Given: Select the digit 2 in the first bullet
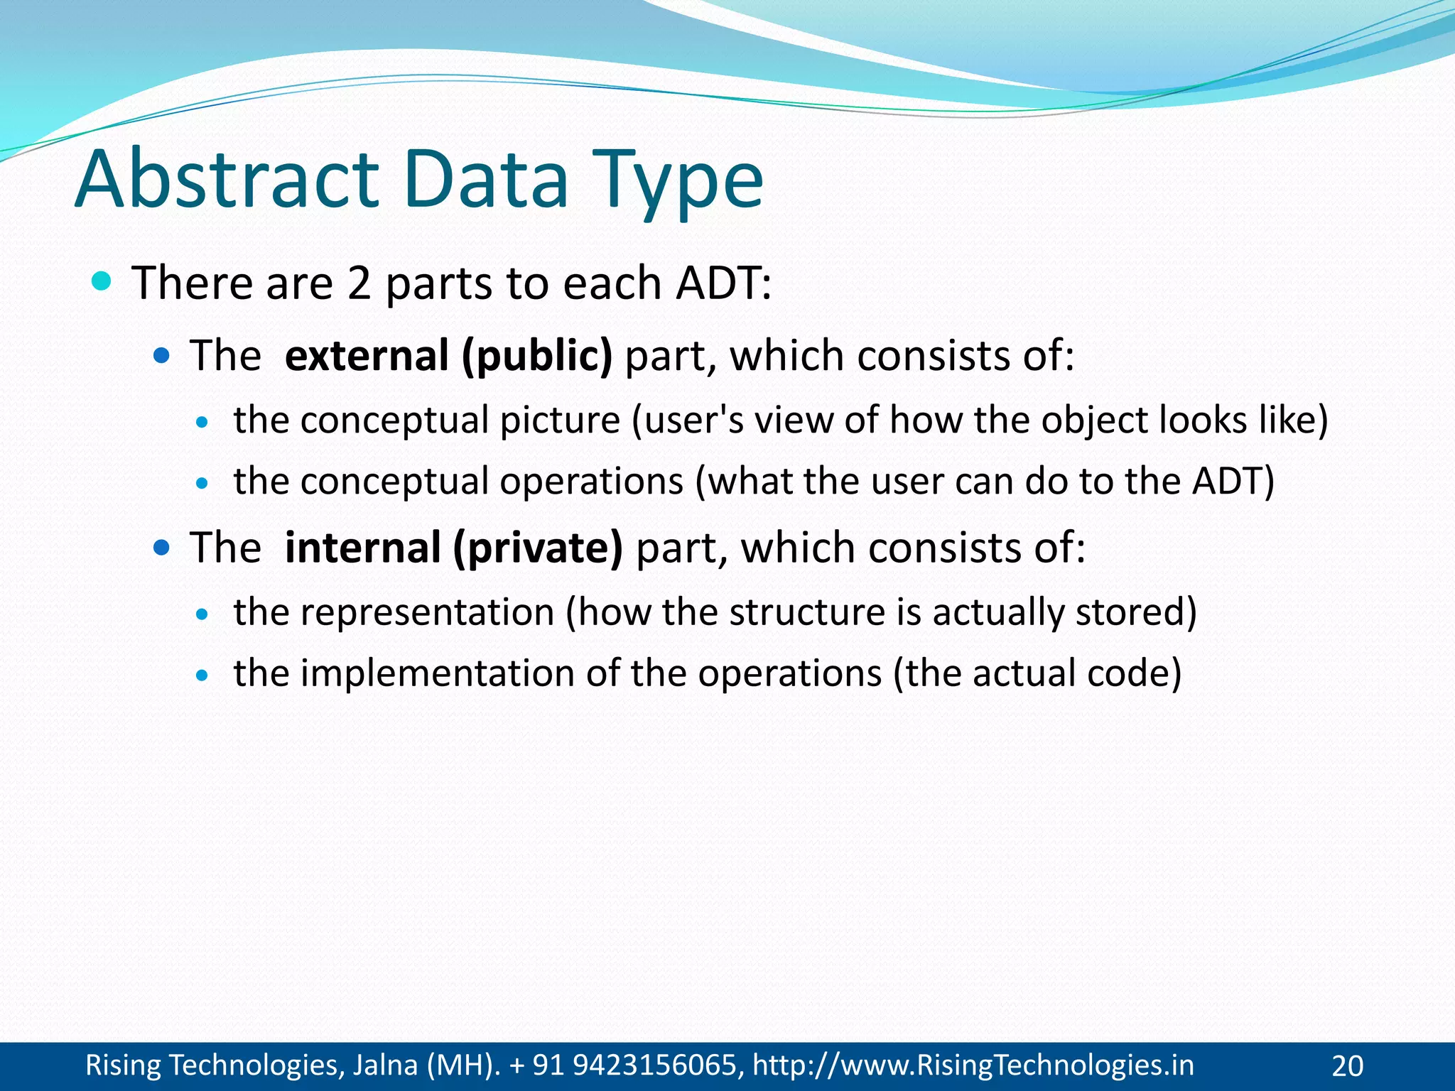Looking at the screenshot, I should coord(359,283).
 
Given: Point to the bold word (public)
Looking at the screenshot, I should coord(537,357).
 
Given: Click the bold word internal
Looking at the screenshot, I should coord(363,548).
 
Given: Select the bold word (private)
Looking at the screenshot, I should coord(539,549).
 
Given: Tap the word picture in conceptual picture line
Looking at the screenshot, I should coord(560,420).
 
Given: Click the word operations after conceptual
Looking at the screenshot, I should coord(591,482).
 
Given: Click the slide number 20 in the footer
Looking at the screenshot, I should coord(1347,1066).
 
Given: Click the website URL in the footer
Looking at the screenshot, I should coord(973,1065).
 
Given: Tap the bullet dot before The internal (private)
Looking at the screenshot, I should coord(162,547).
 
